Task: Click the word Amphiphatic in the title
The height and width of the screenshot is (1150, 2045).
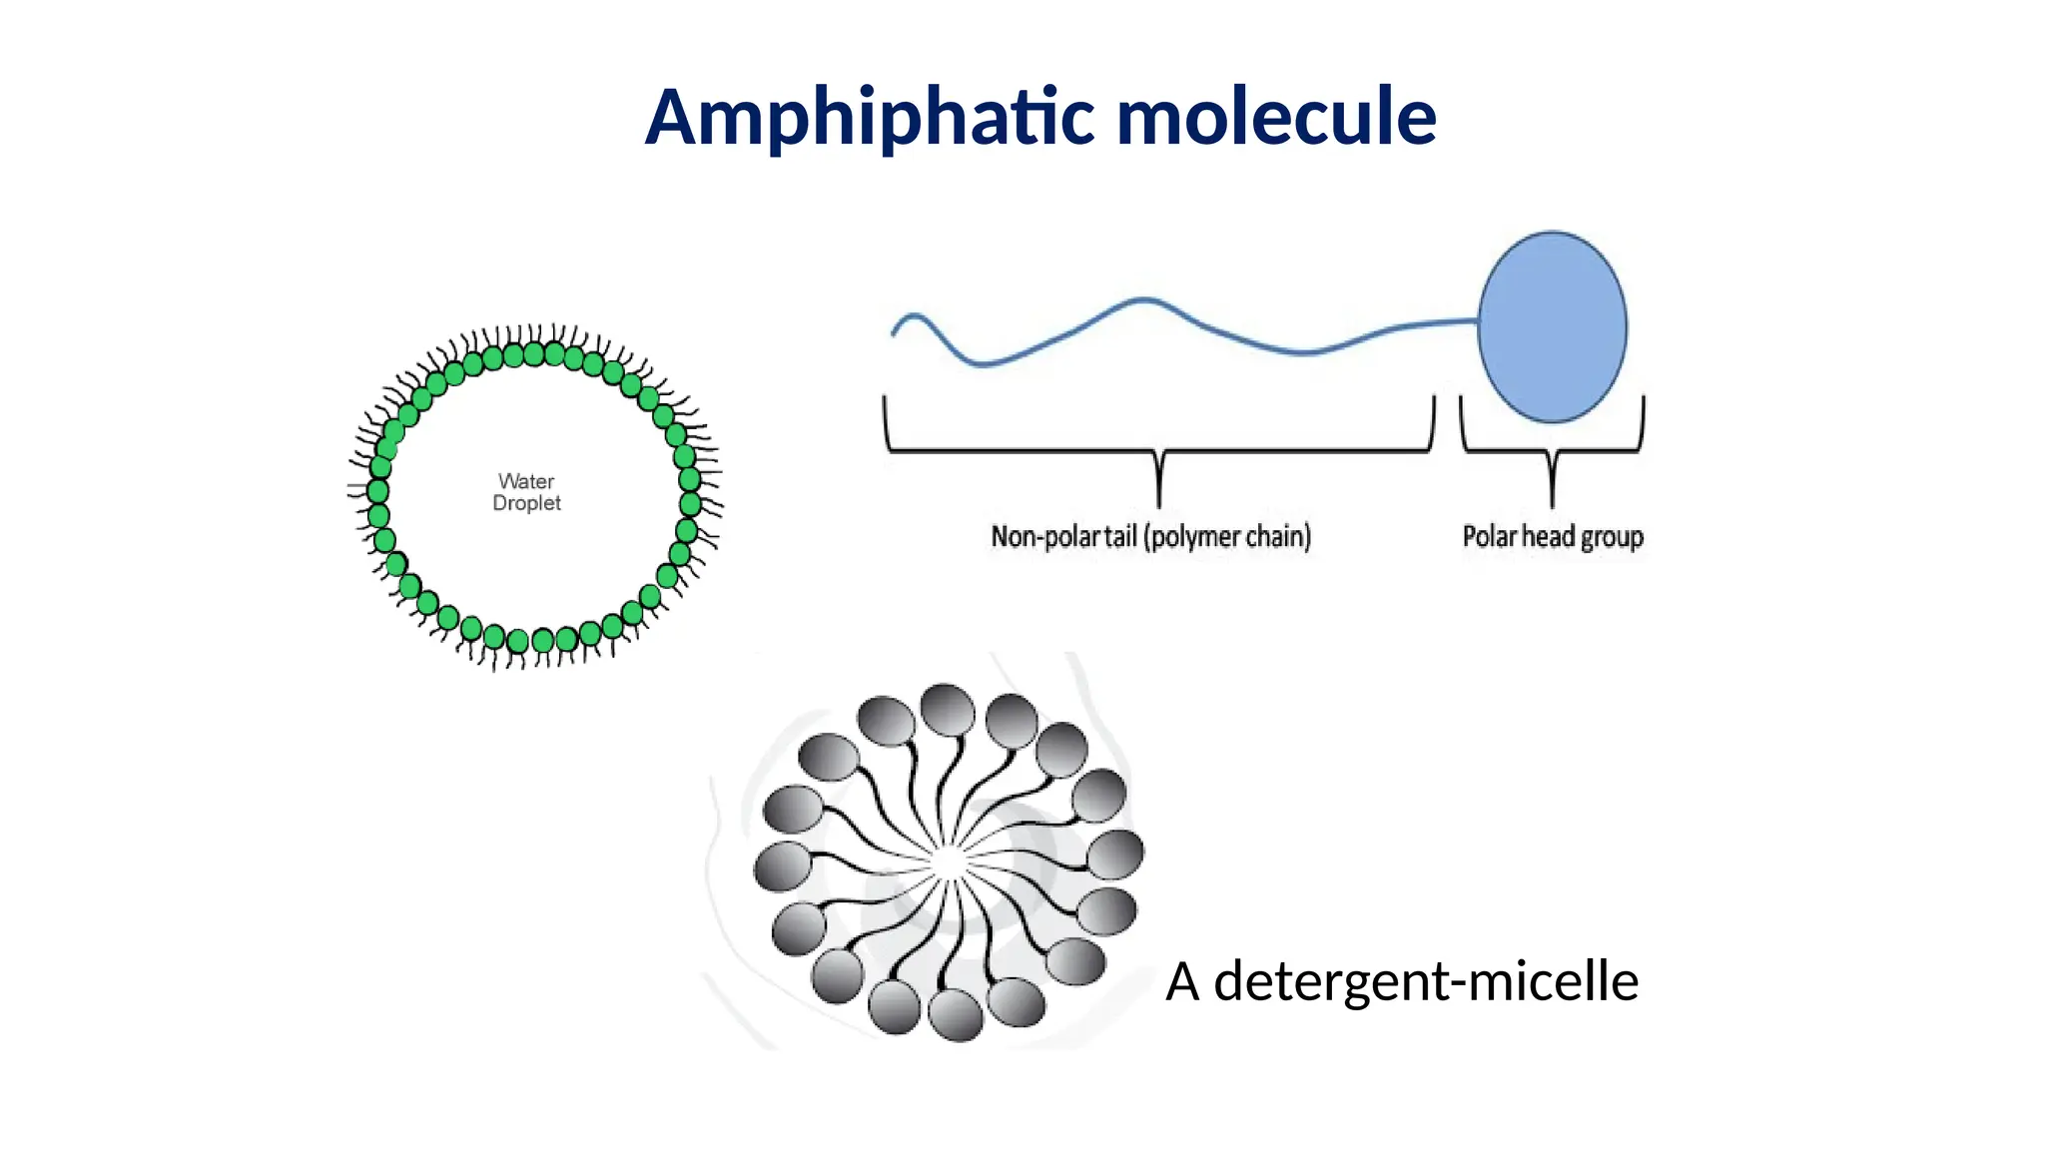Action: coord(869,118)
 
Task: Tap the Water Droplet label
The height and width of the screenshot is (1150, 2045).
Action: coord(526,492)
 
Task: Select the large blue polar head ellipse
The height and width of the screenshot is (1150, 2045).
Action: coord(1552,326)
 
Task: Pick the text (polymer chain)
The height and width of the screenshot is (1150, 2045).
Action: coord(1227,537)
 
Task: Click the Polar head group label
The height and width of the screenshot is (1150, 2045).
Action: coord(1552,537)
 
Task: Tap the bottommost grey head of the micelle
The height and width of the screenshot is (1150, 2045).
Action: coord(956,1014)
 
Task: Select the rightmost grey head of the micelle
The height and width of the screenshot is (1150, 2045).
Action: coord(1115,855)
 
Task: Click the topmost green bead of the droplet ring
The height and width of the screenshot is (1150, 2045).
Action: coord(534,353)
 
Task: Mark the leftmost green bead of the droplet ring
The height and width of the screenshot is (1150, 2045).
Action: coord(377,491)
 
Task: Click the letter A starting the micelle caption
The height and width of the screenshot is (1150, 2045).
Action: coord(1182,981)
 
